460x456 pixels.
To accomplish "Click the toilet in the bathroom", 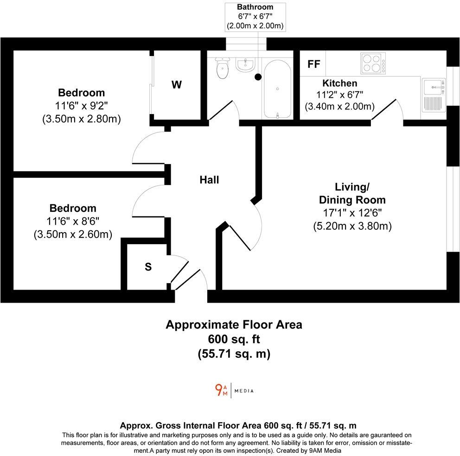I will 223,69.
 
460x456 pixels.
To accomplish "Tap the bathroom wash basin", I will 244,65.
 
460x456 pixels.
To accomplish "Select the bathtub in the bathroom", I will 277,89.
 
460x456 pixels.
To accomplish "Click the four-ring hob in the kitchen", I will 373,63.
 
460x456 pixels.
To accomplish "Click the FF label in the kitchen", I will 314,64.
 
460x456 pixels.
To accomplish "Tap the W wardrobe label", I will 177,85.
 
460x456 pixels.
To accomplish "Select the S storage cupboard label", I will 148,267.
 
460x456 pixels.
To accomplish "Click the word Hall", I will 209,180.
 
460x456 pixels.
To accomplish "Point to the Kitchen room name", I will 340,83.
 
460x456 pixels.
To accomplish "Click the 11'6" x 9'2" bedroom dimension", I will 81,106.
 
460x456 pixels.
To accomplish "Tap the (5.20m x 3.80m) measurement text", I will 352,226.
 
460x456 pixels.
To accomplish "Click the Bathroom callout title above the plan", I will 255,7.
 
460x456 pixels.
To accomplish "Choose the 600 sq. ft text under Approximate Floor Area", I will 234,339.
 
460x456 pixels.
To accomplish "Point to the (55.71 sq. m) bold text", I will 234,354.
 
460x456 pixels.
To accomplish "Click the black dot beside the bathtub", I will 258,77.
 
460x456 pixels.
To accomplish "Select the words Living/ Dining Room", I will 352,193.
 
